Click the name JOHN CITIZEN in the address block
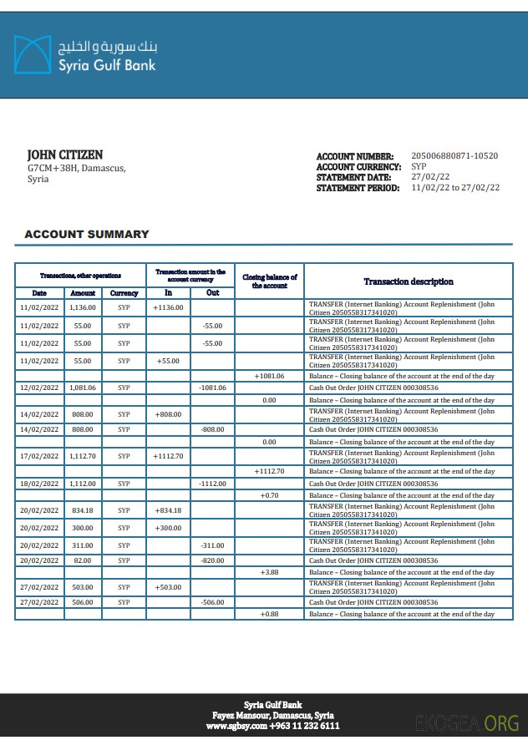65,155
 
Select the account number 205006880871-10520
454,156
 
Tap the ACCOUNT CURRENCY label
358,167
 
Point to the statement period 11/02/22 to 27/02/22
455,188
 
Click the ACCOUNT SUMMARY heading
87,235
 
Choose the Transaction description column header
409,281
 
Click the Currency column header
124,293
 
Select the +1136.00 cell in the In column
168,307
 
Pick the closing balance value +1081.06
269,376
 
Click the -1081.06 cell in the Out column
213,388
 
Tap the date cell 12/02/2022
39,388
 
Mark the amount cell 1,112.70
83,456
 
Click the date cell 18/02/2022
39,484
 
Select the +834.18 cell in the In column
168,510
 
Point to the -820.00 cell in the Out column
213,560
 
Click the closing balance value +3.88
269,572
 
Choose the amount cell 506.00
83,602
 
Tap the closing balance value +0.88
269,614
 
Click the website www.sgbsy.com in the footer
236,727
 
